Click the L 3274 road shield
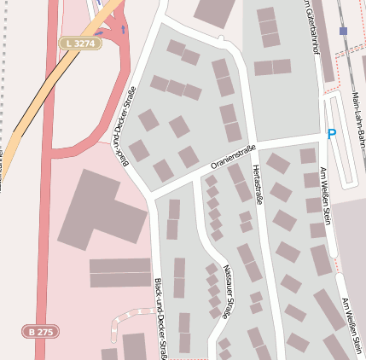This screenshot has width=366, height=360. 79,42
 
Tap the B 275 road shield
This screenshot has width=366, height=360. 41,331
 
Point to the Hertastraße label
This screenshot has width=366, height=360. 258,186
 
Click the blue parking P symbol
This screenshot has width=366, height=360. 331,133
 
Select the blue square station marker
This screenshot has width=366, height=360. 343,31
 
